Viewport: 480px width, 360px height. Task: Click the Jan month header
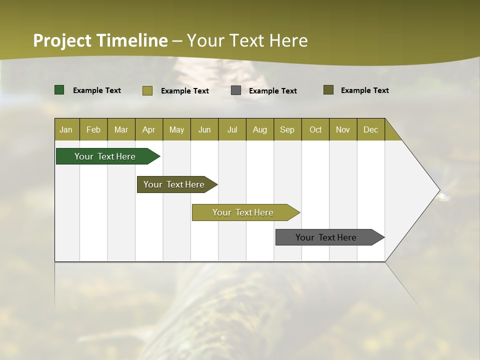coord(66,129)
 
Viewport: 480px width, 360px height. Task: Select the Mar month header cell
coord(121,129)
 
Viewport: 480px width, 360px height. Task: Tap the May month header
coord(176,129)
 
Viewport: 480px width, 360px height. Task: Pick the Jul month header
coord(232,129)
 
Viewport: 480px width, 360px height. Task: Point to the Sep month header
coord(287,129)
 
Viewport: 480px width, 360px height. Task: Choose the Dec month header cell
coord(370,129)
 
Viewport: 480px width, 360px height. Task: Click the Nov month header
coord(342,129)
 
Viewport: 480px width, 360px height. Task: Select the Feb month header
coord(93,129)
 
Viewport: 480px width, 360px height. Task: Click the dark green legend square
coord(59,90)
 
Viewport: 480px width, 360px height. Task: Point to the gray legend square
coord(236,90)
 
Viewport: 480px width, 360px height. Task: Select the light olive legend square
coord(147,90)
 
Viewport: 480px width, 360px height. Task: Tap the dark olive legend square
coord(328,90)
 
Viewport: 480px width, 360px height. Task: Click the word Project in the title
coord(62,40)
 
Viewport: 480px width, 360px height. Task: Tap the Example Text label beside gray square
coord(272,91)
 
